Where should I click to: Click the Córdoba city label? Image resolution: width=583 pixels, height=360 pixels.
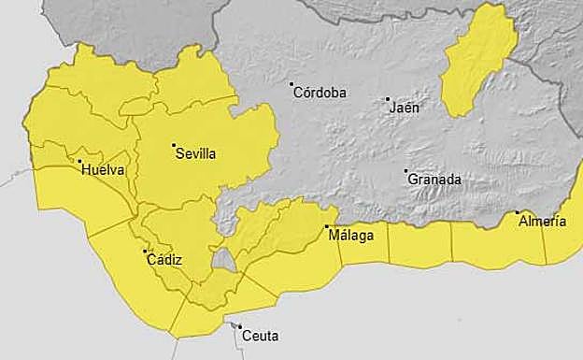tap(320, 93)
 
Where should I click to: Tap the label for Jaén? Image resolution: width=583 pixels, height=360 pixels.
tap(404, 107)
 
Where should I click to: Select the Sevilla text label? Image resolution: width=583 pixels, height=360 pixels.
tap(195, 154)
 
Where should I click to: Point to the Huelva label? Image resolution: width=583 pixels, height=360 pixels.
tap(103, 170)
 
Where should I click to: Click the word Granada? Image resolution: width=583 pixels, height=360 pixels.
tap(434, 180)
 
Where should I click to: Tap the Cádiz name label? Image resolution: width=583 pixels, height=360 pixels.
tap(164, 260)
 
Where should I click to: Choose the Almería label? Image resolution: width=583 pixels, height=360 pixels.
tap(542, 222)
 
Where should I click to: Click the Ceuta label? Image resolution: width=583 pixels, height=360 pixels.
tap(260, 335)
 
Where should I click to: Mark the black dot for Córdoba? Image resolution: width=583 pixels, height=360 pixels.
tap(291, 84)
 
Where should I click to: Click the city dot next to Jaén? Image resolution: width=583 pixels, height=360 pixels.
tap(388, 98)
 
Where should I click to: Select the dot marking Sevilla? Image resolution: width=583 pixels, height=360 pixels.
tap(174, 145)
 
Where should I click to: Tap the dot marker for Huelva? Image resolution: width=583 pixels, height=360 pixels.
tap(79, 162)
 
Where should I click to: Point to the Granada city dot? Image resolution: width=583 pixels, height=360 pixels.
tap(405, 170)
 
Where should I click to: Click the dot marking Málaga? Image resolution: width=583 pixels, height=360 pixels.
tap(327, 226)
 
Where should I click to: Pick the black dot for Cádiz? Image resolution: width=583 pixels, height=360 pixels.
tap(145, 251)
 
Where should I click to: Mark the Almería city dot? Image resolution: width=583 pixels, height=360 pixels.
tap(518, 213)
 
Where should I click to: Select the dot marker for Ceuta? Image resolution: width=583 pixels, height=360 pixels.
tap(239, 326)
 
